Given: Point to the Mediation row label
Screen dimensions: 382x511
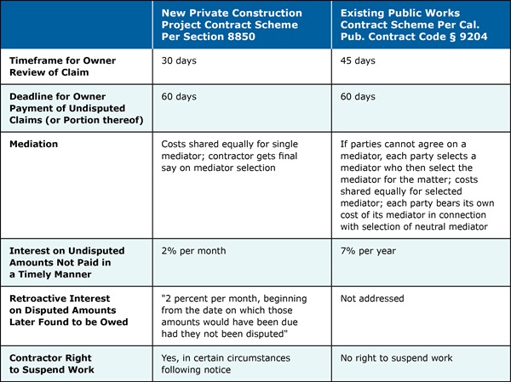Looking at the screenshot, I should pyautogui.click(x=34, y=145).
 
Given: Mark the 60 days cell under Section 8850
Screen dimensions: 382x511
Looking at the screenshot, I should pyautogui.click(x=181, y=98).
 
